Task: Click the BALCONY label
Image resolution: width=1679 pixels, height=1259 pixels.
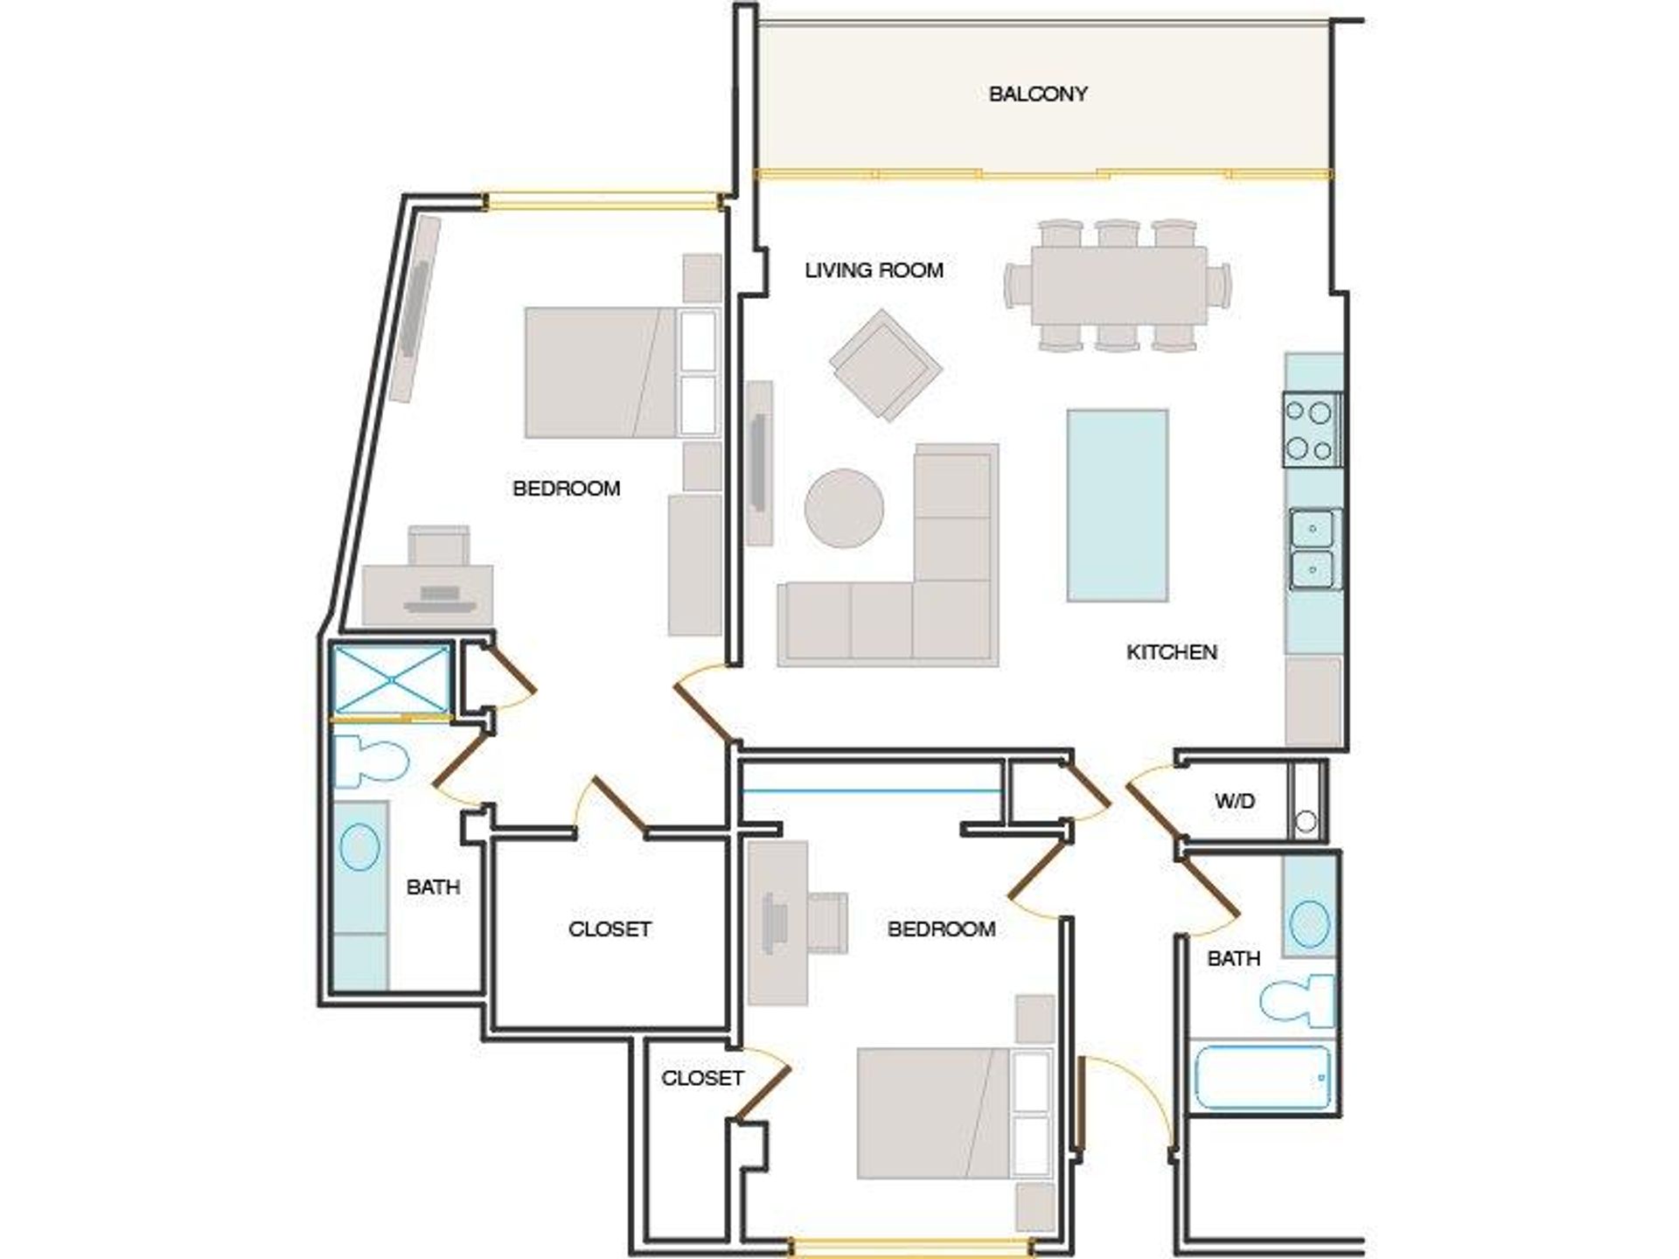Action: coord(1038,94)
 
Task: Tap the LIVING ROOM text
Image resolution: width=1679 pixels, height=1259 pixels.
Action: coord(874,270)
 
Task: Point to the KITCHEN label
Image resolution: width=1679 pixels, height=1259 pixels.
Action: coord(1172,651)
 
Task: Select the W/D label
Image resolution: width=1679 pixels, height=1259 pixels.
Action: coord(1235,800)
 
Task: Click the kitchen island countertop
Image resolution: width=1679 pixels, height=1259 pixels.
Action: coord(1118,505)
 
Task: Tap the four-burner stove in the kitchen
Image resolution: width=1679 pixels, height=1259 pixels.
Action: coord(1312,429)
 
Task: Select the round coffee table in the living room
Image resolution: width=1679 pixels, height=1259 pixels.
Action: coord(844,508)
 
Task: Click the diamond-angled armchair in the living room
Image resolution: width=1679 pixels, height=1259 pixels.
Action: coord(886,365)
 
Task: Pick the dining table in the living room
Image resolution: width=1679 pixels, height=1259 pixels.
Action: coord(1118,286)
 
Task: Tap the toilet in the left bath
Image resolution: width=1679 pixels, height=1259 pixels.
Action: coord(371,761)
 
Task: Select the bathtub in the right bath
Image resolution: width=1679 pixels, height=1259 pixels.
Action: coord(1262,1076)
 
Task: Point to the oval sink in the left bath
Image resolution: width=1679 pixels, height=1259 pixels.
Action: coord(359,846)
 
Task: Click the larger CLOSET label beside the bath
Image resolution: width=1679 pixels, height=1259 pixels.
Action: coord(610,929)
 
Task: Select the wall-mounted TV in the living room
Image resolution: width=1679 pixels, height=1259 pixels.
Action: coord(759,463)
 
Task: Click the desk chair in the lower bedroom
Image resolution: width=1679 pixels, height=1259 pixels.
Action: coord(827,922)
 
